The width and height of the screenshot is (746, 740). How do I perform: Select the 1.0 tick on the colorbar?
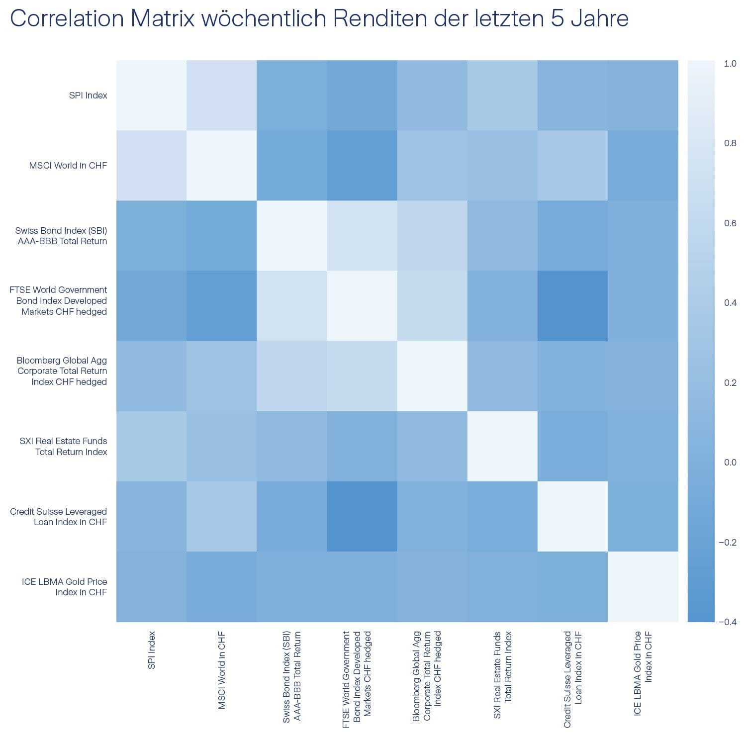click(x=730, y=64)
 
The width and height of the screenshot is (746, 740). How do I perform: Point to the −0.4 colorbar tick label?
click(x=727, y=622)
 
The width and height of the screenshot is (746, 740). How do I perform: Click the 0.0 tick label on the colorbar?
click(x=730, y=462)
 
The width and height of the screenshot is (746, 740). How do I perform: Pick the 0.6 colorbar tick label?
click(x=730, y=223)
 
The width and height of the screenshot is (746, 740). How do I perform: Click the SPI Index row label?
click(x=88, y=95)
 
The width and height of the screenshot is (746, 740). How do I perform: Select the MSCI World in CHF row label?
click(x=68, y=166)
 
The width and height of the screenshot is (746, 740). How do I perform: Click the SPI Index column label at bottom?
click(x=152, y=650)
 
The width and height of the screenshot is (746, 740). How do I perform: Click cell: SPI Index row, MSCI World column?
click(x=221, y=95)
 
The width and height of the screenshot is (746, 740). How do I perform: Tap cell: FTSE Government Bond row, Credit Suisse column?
click(x=572, y=306)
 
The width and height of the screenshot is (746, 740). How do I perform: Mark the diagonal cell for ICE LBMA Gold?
click(x=643, y=587)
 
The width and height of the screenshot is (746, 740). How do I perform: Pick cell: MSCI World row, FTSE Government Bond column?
click(x=362, y=166)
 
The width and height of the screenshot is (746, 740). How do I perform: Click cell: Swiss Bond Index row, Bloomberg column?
click(x=432, y=236)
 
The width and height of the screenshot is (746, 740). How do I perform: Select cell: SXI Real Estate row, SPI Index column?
click(x=151, y=446)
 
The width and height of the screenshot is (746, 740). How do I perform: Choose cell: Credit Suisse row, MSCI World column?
click(x=221, y=516)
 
